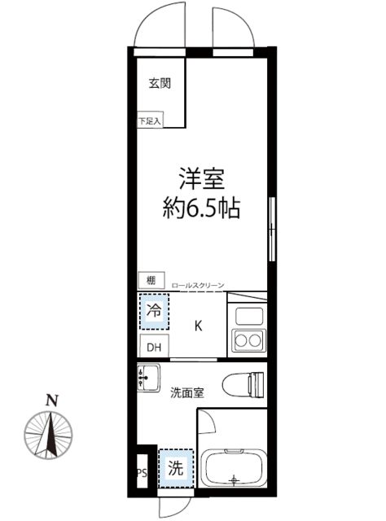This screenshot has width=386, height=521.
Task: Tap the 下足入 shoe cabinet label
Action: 150,121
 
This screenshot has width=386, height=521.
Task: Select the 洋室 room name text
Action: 201,178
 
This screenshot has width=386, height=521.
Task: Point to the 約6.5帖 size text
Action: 200,208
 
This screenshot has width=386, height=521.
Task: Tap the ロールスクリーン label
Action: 198,286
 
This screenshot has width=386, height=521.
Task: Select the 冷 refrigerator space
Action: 154,310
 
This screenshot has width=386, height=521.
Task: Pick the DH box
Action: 153,346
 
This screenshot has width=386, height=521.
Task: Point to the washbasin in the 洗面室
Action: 148,379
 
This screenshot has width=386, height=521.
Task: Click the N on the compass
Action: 51,400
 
